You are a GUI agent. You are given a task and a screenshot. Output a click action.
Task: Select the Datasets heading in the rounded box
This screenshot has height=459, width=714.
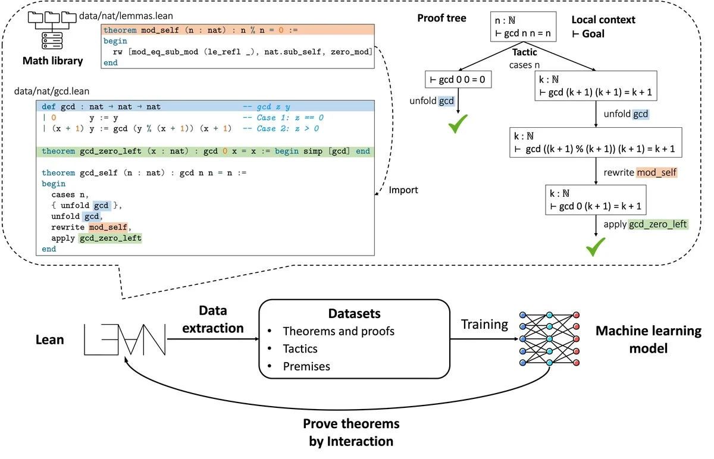click(355, 313)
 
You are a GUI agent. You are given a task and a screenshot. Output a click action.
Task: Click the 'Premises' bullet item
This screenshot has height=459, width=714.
click(306, 366)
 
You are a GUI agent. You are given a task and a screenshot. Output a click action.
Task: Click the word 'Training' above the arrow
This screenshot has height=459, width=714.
click(485, 325)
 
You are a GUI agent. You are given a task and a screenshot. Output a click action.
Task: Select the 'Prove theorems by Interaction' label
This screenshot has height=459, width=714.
click(350, 433)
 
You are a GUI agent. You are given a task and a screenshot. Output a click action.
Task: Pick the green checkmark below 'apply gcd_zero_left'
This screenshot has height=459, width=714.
click(596, 246)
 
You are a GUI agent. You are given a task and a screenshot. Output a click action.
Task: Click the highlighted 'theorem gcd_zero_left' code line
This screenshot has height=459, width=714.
click(205, 152)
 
